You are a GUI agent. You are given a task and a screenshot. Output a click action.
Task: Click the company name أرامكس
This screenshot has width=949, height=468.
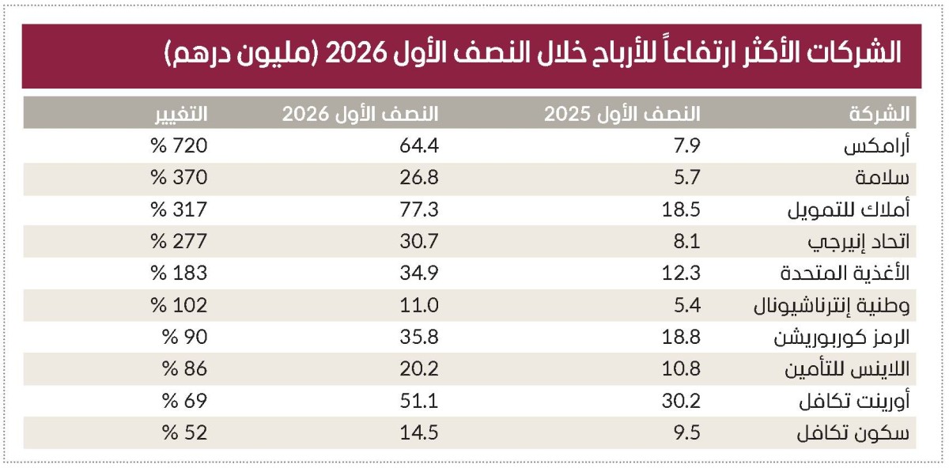(x=876, y=146)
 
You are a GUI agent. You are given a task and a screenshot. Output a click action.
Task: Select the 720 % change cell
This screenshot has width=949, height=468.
(x=179, y=145)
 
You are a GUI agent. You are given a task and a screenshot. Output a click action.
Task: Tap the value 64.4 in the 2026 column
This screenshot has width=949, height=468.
(x=419, y=145)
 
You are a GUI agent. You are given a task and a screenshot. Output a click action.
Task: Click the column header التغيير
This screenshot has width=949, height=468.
(x=181, y=114)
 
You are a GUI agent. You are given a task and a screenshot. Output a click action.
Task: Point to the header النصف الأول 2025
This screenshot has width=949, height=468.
(x=622, y=114)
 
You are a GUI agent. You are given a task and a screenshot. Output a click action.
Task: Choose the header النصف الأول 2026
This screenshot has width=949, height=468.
(x=361, y=114)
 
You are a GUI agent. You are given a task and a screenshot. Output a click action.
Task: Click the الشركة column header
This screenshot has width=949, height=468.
(x=879, y=114)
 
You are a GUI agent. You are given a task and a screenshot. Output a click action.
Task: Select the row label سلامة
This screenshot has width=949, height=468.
(x=882, y=177)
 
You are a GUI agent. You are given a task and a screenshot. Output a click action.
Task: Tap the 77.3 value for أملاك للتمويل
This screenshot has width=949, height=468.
(x=419, y=209)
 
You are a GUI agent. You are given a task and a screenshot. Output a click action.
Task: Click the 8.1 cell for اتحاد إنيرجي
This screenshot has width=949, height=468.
(x=686, y=241)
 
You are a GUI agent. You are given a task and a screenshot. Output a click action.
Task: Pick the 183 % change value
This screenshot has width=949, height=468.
(x=179, y=274)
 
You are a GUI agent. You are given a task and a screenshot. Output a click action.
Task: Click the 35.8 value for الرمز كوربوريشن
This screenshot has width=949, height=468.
(x=419, y=337)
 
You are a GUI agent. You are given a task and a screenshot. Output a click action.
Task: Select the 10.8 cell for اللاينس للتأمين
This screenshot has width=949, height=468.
(x=681, y=369)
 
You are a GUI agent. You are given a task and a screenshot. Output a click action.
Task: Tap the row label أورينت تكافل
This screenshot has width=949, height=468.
(x=855, y=401)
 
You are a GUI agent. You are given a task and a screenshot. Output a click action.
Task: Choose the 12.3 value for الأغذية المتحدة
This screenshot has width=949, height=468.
(x=681, y=274)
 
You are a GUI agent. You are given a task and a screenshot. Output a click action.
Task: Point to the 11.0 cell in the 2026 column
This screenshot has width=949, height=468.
(x=419, y=305)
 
